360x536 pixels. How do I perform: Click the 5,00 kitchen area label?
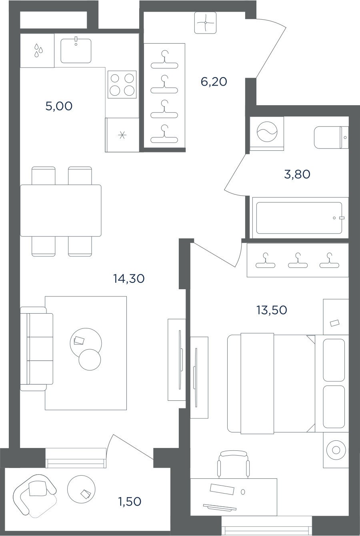coord(59,106)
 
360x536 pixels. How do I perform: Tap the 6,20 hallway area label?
coord(214,82)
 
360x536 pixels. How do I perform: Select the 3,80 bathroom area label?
coord(297,174)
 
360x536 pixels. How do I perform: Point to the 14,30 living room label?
coord(129,278)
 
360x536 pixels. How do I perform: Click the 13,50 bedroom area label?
coord(272,310)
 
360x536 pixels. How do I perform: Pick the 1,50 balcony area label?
coord(130,502)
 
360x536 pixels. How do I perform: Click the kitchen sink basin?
coord(76,51)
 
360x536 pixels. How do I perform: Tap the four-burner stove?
coord(122,84)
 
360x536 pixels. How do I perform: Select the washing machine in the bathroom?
coord(267,134)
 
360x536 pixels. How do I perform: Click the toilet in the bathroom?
coord(331,138)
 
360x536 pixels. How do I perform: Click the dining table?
coord(61,210)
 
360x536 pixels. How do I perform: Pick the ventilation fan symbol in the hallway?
coord(205,23)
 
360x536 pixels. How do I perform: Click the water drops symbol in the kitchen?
coord(38,50)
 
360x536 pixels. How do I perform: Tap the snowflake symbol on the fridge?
coord(122,136)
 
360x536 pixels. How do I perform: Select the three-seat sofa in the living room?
coord(37,349)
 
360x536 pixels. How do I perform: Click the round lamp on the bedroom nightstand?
coord(336,450)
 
